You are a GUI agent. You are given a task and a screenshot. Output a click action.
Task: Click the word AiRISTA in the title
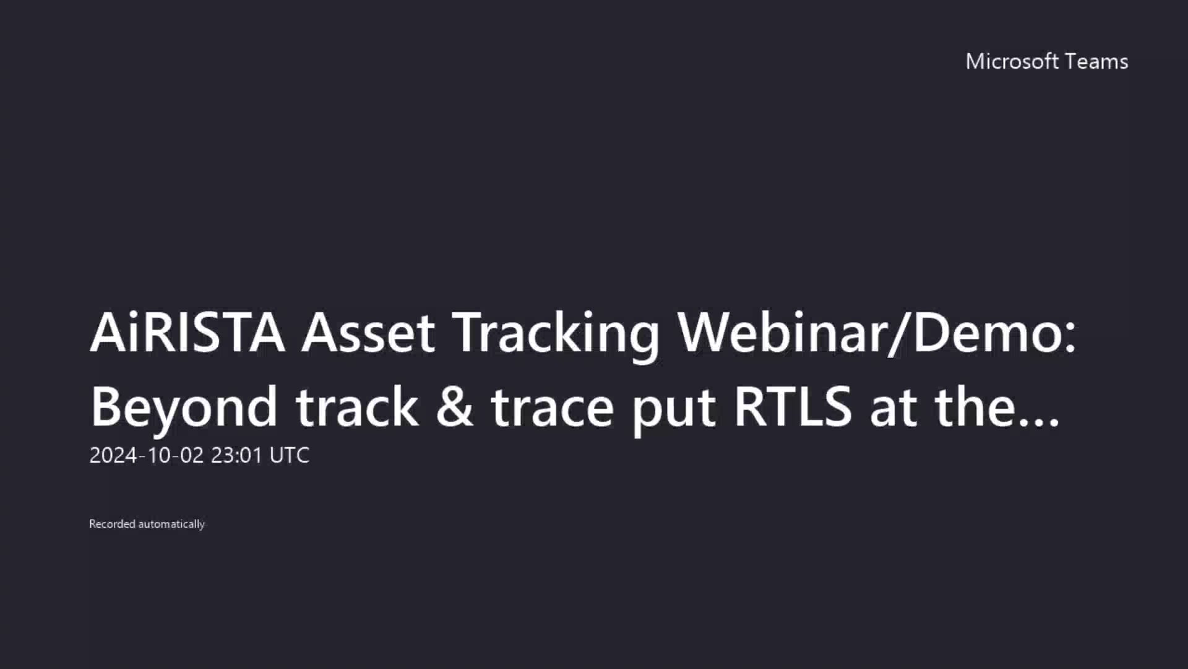187,333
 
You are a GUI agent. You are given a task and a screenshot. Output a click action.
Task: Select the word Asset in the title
368,333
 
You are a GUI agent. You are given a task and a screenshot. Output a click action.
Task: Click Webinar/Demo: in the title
876,333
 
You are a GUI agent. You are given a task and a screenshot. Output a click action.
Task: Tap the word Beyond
184,408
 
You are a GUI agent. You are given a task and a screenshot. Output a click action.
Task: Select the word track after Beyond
357,407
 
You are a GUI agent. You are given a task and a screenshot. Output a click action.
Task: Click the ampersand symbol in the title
455,407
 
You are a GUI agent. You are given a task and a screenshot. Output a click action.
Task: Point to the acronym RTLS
793,407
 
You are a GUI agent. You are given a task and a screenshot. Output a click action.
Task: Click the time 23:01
237,455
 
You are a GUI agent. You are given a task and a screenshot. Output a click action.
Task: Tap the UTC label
290,455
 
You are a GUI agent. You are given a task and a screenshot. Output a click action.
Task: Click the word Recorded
112,524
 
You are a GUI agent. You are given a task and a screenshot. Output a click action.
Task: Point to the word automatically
171,524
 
